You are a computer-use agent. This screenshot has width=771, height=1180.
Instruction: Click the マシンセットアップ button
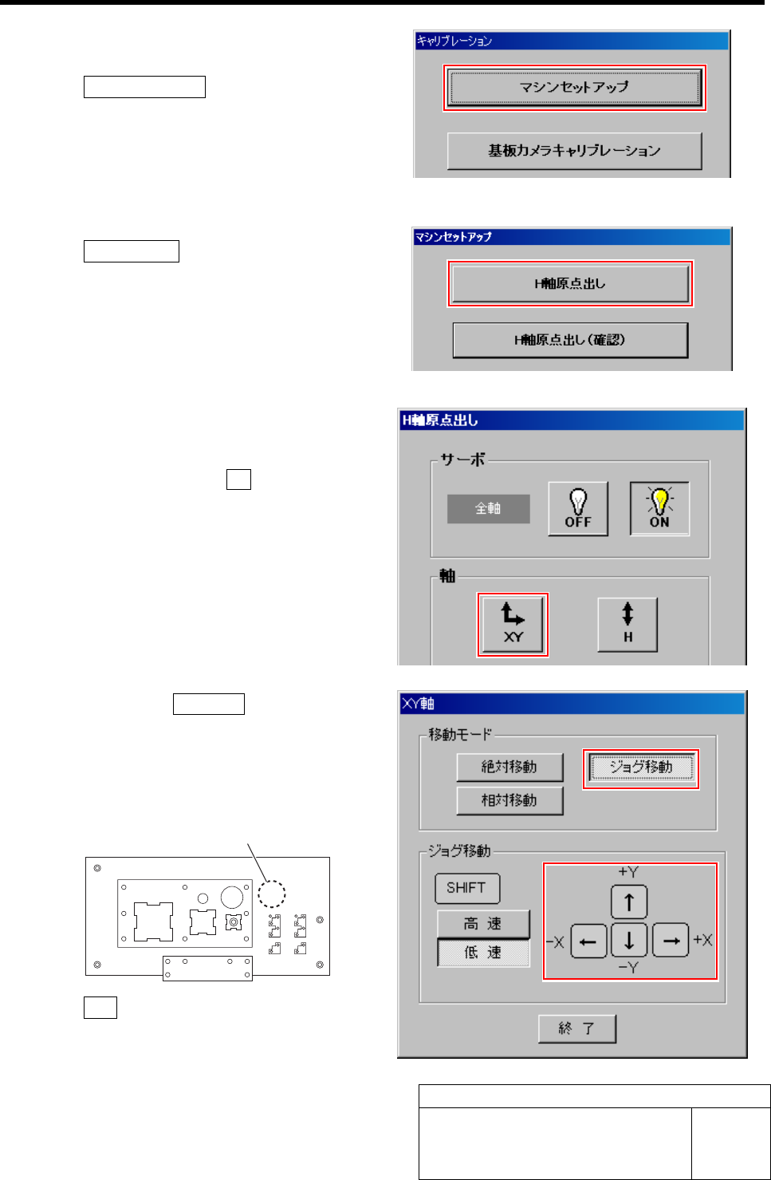click(574, 87)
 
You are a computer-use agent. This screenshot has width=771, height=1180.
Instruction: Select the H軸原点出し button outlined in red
click(570, 283)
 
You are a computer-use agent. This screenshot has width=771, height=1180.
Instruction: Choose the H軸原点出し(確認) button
click(570, 340)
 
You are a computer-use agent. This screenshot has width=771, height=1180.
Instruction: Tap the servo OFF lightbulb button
click(578, 508)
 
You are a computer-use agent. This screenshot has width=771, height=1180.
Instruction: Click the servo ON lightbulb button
click(659, 508)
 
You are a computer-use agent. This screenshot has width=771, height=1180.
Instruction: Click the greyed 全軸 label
click(488, 508)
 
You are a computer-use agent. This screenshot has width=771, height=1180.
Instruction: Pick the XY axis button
click(513, 625)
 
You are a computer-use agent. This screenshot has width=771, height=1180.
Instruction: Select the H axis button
click(627, 625)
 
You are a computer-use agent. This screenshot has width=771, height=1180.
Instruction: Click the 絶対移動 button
click(509, 767)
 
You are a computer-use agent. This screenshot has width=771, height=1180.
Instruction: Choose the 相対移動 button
click(509, 800)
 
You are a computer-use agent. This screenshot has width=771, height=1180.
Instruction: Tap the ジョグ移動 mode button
click(641, 768)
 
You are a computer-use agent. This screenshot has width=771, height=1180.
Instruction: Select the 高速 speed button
click(483, 924)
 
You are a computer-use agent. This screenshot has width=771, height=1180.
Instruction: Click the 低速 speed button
click(483, 953)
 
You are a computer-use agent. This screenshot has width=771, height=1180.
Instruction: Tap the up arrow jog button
click(629, 902)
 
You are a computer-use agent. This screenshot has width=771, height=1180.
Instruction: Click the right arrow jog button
click(671, 941)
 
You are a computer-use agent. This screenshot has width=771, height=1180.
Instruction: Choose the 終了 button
click(577, 1028)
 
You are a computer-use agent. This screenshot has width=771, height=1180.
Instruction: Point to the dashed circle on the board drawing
click(272, 894)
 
